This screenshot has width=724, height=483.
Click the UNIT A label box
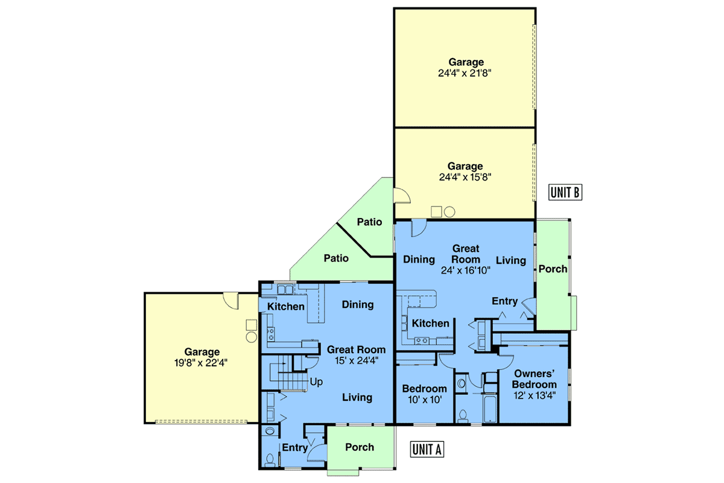[x=427, y=449]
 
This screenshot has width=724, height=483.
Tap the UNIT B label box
[x=565, y=192]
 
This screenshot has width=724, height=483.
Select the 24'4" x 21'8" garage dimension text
[x=465, y=74]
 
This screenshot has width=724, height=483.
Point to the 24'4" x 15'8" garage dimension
[x=465, y=178]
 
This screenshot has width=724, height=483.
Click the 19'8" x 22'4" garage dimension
[x=201, y=363]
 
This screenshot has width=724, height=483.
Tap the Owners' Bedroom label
[x=535, y=379]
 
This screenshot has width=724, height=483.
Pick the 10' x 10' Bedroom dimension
[x=425, y=400]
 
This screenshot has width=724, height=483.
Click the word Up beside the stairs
[x=316, y=382]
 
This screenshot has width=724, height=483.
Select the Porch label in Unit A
[x=360, y=447]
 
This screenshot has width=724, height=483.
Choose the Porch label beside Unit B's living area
[x=553, y=269]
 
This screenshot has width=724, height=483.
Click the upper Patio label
[x=369, y=222]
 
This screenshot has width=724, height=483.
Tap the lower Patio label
[x=336, y=258]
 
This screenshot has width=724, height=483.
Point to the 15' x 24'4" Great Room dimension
[x=357, y=360]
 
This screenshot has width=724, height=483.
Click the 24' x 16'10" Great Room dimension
[x=466, y=270]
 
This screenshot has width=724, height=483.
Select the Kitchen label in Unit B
[x=431, y=323]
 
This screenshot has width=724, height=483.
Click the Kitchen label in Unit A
[x=286, y=306]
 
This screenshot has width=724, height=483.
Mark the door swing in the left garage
[x=231, y=301]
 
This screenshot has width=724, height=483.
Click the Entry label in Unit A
[x=295, y=448]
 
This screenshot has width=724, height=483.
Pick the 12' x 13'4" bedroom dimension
[x=535, y=395]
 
